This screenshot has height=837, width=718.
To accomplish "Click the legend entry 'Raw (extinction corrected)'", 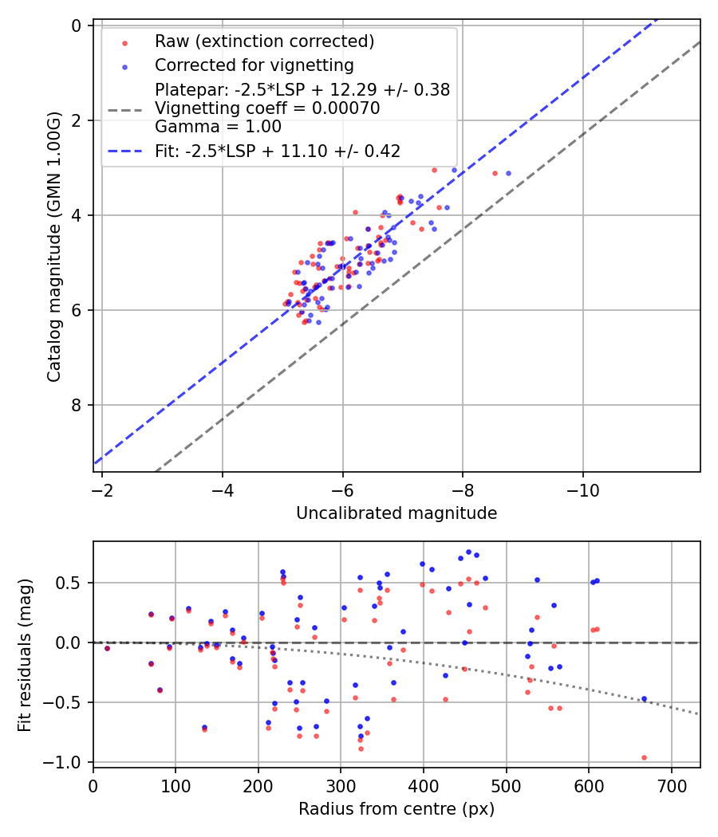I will coord(264,41).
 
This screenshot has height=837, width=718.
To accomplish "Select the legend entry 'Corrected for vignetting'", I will coord(254,65).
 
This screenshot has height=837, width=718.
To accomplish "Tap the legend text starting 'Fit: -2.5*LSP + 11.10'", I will coord(277,150).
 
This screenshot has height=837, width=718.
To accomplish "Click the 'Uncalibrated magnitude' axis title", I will coord(396,513).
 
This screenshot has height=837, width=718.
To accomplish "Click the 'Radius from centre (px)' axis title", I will coord(396,809).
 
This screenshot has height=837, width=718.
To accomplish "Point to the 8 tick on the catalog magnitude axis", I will coord(76,405).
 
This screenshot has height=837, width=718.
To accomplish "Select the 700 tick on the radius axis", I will coord(671,784).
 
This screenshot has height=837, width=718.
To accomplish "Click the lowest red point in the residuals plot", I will coord(644,757).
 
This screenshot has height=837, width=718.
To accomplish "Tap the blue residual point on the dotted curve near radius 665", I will coord(644,698).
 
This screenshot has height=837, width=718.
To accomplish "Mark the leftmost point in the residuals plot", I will coord(107,648).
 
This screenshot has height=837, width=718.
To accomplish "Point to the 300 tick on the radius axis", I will coord(341,784).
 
